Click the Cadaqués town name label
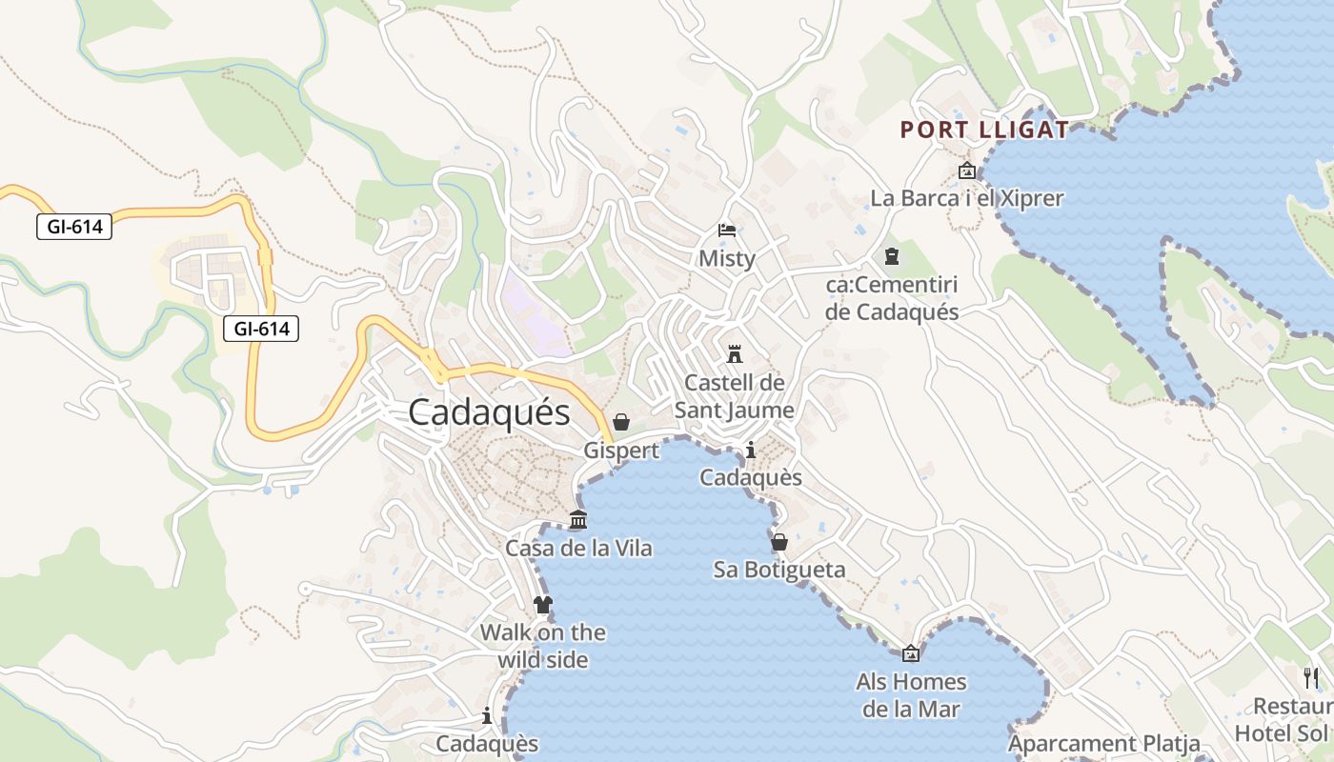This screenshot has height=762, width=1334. click(489, 412)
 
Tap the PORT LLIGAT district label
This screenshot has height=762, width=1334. click(984, 130)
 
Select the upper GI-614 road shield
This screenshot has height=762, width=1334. click(74, 227)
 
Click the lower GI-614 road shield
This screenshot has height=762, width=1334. click(261, 330)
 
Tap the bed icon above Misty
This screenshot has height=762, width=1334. click(727, 231)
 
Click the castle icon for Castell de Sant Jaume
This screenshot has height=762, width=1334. click(734, 354)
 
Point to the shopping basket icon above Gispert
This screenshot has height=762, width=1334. click(621, 422)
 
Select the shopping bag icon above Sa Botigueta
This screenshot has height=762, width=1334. click(779, 542)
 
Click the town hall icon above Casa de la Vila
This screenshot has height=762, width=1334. click(578, 520)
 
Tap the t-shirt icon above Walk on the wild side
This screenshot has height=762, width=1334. click(542, 604)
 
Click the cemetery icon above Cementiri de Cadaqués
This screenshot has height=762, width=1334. click(892, 256)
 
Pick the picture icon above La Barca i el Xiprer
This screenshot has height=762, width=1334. click(967, 171)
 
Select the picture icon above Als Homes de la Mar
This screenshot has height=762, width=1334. click(911, 653)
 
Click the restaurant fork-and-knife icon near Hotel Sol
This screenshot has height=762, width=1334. click(1311, 677)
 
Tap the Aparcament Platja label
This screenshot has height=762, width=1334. click(1102, 744)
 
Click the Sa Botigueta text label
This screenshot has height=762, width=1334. click(779, 570)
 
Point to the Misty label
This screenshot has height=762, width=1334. click(727, 258)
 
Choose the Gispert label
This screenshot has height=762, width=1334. click(621, 451)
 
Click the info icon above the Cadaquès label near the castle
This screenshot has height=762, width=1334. click(751, 450)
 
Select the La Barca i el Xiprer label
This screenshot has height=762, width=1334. click(967, 199)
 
